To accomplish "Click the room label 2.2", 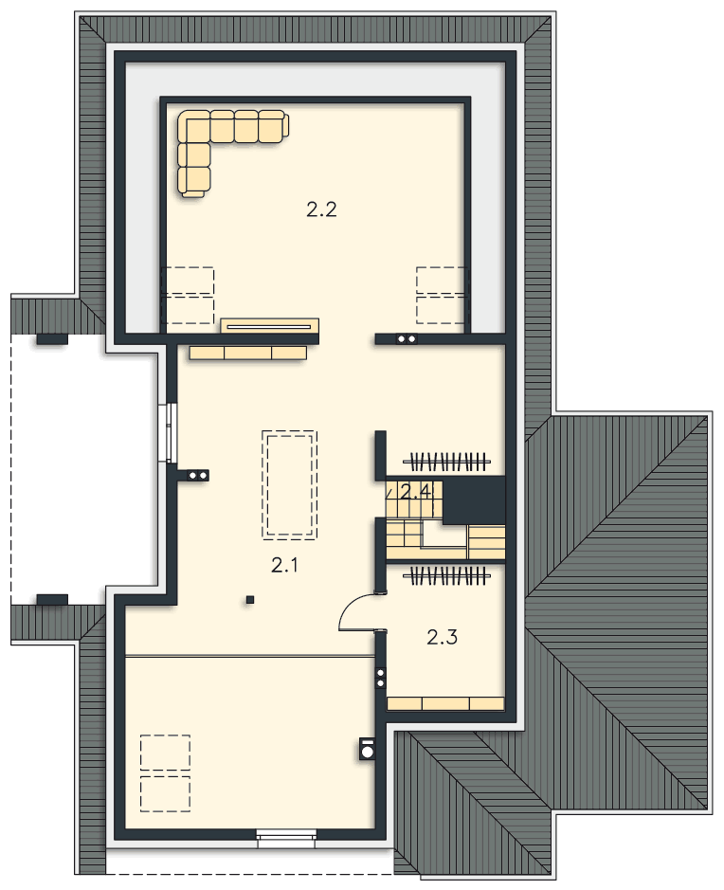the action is pyautogui.click(x=321, y=210).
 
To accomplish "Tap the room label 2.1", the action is pyautogui.click(x=284, y=565).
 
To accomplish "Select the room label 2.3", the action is pyautogui.click(x=442, y=638).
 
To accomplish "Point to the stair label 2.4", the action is pyautogui.click(x=415, y=492).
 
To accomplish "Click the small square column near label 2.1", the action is pyautogui.click(x=249, y=599).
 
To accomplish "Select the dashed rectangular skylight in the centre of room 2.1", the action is pyautogui.click(x=289, y=484).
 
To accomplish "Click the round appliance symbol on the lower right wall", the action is pyautogui.click(x=368, y=749).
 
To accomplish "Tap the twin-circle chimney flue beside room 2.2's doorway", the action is pyautogui.click(x=407, y=339).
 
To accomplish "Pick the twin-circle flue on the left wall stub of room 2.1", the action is pyautogui.click(x=198, y=475).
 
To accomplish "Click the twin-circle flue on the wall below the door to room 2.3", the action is pyautogui.click(x=381, y=678).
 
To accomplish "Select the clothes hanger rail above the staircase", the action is pyautogui.click(x=446, y=461).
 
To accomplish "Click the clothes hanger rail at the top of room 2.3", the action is pyautogui.click(x=446, y=575).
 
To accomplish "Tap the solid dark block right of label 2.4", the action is pyautogui.click(x=474, y=499).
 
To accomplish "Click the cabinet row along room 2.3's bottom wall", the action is pyautogui.click(x=445, y=704).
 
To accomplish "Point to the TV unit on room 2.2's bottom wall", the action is pyautogui.click(x=269, y=326).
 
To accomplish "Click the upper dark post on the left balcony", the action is pyautogui.click(x=52, y=339).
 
